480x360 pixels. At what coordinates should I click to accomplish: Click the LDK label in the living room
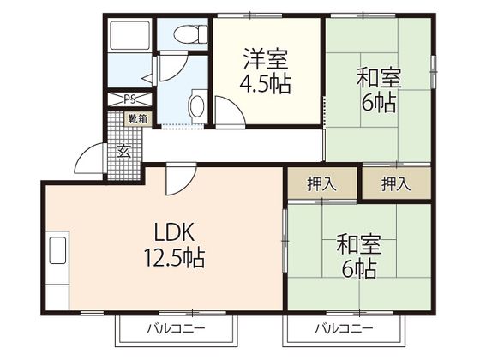(176, 231)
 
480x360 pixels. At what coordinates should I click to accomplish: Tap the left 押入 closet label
(321, 183)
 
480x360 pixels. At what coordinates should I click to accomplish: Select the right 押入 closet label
(394, 183)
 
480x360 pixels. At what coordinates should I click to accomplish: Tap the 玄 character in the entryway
(123, 152)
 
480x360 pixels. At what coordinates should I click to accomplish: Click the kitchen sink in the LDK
(57, 253)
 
